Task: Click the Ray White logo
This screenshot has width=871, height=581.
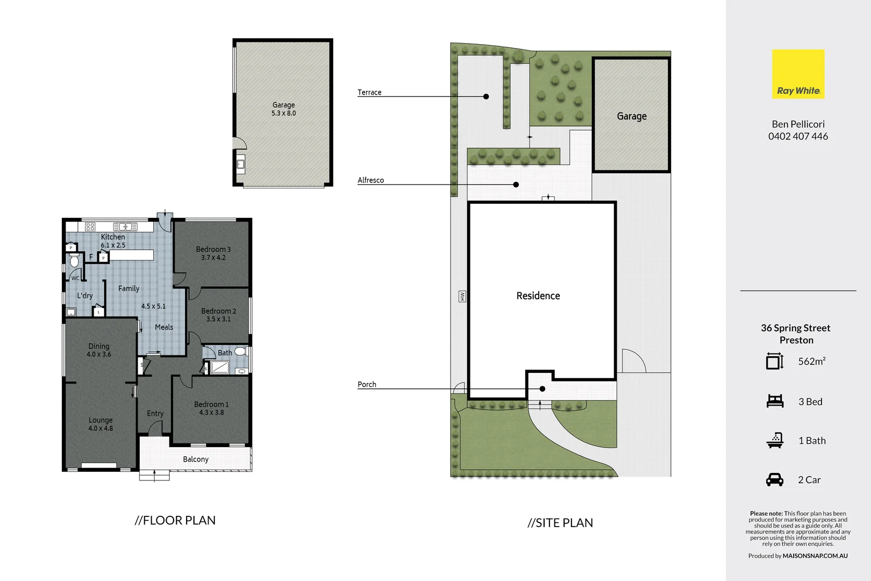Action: click(798, 74)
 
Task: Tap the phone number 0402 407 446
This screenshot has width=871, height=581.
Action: click(798, 137)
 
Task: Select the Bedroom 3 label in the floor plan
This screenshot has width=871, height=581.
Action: click(213, 250)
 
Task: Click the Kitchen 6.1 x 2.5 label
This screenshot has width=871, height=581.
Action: click(113, 241)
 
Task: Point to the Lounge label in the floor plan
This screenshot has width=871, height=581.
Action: click(101, 420)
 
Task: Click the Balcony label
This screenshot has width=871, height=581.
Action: click(196, 459)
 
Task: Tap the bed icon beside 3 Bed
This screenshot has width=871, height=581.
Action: click(775, 401)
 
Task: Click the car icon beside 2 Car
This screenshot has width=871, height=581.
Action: click(775, 480)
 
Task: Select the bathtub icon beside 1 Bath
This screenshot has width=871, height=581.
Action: click(775, 441)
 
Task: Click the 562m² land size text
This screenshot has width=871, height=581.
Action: click(811, 362)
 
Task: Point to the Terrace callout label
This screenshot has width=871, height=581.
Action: click(369, 93)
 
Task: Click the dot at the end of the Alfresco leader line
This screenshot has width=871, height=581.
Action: click(516, 185)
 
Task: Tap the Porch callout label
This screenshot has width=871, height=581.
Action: click(367, 385)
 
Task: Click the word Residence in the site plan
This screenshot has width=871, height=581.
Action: click(538, 296)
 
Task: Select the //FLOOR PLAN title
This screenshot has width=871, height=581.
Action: click(175, 521)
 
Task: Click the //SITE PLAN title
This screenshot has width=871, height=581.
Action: click(560, 523)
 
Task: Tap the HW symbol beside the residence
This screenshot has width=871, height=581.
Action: click(462, 296)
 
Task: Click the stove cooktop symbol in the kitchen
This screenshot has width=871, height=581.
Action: click(90, 227)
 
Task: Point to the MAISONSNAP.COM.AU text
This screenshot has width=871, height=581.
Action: click(815, 556)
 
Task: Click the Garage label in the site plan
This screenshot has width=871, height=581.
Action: click(632, 116)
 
